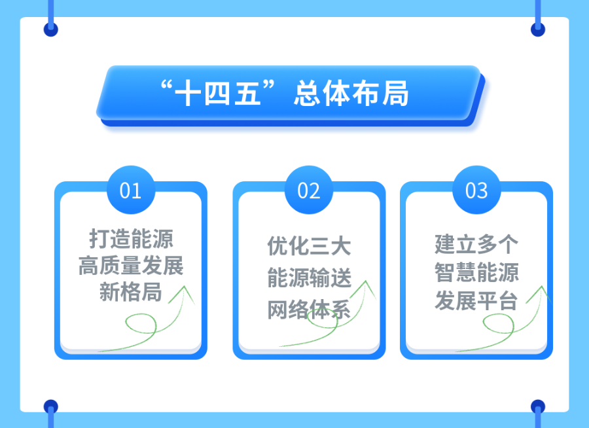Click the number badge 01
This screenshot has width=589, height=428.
[x=131, y=190]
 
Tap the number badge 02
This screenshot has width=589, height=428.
[x=309, y=190]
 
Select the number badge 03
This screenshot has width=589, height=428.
[x=476, y=190]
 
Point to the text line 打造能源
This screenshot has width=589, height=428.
[x=131, y=239]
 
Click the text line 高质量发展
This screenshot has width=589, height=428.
[x=131, y=266]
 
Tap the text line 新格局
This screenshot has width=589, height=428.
[x=131, y=293]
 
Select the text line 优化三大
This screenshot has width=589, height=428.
[x=309, y=246]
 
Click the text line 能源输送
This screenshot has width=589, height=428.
[x=309, y=278]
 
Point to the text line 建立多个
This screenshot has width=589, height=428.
[x=476, y=244]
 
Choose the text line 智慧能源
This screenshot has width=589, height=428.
[x=476, y=272]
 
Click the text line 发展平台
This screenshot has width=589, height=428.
[x=476, y=301]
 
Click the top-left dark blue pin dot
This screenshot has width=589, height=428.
[x=51, y=29]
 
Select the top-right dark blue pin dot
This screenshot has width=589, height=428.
[x=538, y=29]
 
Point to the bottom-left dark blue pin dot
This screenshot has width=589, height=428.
[x=51, y=406]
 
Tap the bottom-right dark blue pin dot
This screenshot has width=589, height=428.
[x=538, y=406]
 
